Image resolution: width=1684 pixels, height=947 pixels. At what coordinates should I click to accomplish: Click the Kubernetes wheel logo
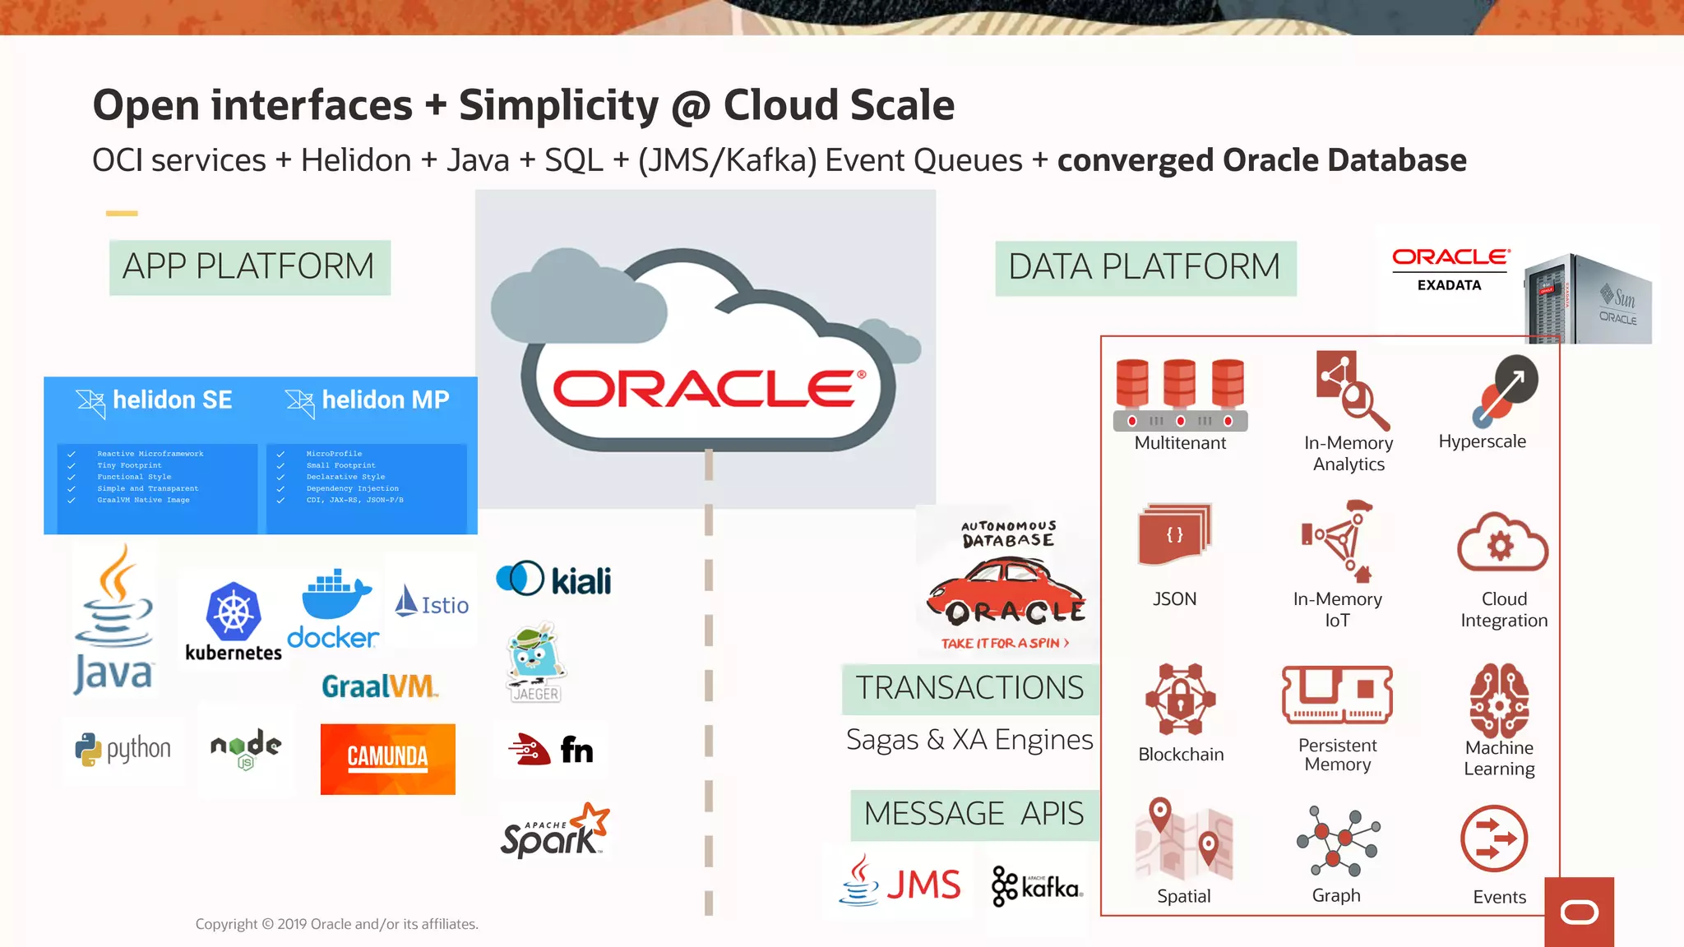click(x=234, y=611)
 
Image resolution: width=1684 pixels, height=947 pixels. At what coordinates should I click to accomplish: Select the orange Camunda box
click(x=387, y=759)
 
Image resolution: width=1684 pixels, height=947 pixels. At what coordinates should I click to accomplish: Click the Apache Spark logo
click(x=554, y=831)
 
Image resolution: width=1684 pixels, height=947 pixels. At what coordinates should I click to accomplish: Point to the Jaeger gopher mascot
click(x=534, y=658)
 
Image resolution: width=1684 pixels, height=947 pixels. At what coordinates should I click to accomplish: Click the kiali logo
click(x=553, y=580)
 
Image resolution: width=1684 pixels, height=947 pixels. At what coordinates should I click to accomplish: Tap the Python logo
click(x=123, y=749)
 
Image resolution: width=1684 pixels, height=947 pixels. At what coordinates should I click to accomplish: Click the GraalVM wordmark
click(x=379, y=686)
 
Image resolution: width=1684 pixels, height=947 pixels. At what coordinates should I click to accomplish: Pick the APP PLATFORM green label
click(x=249, y=267)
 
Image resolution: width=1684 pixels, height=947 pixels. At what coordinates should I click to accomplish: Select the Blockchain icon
click(x=1180, y=700)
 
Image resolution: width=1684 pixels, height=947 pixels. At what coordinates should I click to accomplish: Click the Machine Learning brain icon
click(x=1499, y=701)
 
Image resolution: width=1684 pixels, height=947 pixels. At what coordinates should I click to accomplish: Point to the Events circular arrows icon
click(x=1494, y=839)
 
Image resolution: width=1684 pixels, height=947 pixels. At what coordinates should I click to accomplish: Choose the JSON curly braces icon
click(x=1174, y=535)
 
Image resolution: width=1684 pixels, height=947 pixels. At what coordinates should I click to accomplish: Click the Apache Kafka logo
click(x=1036, y=886)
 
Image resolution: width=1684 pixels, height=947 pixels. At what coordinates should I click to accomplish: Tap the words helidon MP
click(x=385, y=400)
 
